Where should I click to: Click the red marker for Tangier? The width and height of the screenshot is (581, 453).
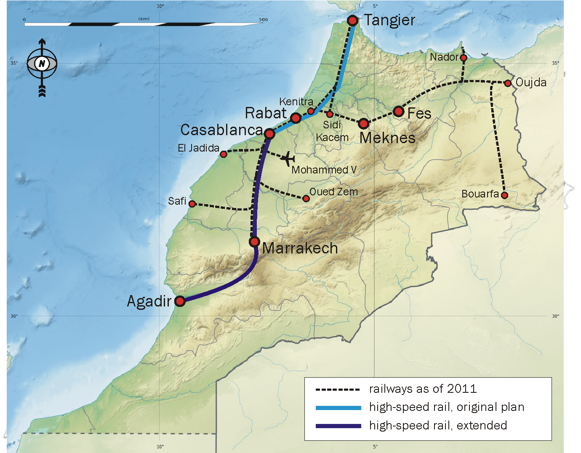(x=352, y=20)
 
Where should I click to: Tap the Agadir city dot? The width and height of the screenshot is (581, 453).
(x=180, y=301)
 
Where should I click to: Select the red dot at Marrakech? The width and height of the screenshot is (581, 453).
(x=254, y=242)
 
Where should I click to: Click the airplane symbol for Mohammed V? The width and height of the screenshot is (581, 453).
(x=288, y=159)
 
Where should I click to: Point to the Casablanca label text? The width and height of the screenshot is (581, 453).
(x=221, y=130)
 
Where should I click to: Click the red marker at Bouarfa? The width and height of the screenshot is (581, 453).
(x=504, y=195)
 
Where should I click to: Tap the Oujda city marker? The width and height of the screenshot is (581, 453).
(x=508, y=83)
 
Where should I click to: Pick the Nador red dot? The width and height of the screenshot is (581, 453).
(x=463, y=58)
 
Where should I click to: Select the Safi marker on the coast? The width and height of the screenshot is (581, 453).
(x=192, y=204)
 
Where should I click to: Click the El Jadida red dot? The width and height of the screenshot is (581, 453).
(x=224, y=154)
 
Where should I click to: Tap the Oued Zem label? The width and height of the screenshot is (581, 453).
(x=333, y=192)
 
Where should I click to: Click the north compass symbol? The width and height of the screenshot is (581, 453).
(x=42, y=64)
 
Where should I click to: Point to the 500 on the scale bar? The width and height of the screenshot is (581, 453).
(x=263, y=19)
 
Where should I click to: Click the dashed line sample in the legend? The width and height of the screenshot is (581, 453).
(x=338, y=389)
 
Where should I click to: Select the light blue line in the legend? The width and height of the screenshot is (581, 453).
(x=338, y=408)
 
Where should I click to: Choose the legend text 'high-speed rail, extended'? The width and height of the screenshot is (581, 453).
(x=438, y=426)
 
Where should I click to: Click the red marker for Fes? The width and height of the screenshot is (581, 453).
(x=398, y=112)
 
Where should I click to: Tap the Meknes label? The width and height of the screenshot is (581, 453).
(x=387, y=138)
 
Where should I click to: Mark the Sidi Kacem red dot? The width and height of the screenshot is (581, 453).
(x=330, y=114)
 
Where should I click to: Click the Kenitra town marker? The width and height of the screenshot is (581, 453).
(x=311, y=111)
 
